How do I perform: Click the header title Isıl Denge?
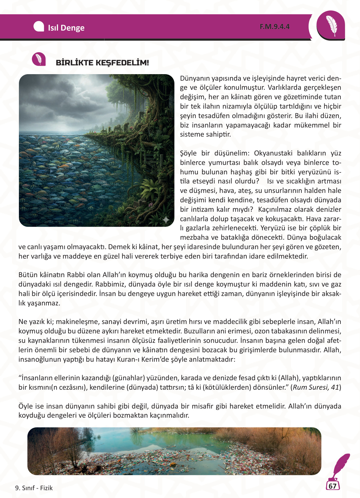click(x=66, y=28)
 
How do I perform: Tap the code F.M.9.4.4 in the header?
click(x=274, y=27)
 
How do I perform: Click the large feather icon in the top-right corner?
click(x=331, y=26)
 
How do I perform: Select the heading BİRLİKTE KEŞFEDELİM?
click(x=102, y=63)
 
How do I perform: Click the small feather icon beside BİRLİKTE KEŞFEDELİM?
click(x=39, y=59)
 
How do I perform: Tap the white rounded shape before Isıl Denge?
click(x=39, y=27)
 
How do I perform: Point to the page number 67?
click(x=332, y=486)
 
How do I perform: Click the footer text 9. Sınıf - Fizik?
click(x=34, y=488)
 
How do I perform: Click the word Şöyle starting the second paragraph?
click(x=188, y=153)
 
